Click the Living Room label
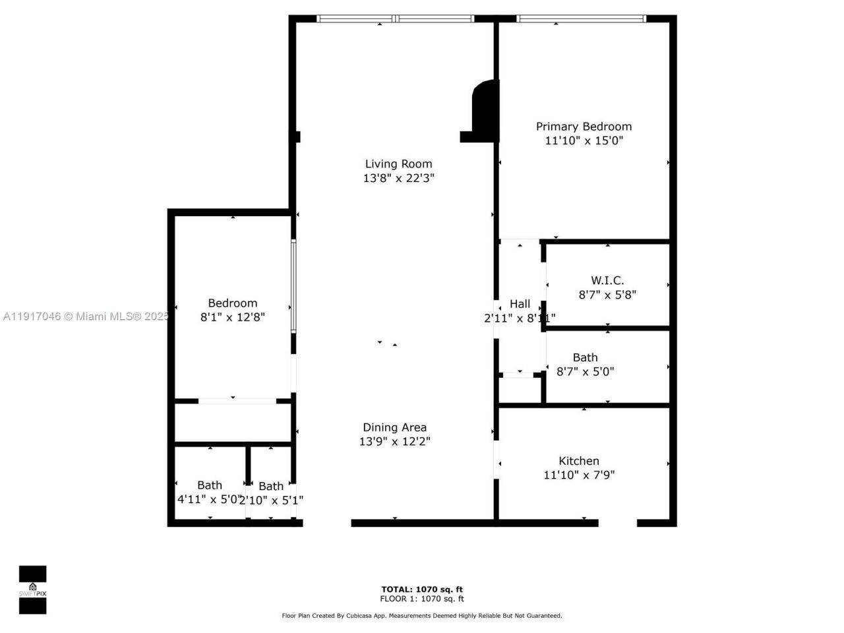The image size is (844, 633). tap(398, 164)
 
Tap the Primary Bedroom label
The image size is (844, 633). tap(584, 126)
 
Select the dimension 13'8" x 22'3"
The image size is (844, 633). tap(398, 178)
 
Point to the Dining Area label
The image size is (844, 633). tap(394, 427)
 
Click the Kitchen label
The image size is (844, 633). tap(579, 461)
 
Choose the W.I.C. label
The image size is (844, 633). tap(607, 280)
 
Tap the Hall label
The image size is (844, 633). tap(520, 304)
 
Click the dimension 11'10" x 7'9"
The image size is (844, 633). tap(579, 475)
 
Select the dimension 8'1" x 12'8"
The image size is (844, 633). tap(232, 317)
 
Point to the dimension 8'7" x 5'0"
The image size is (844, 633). tap(585, 371)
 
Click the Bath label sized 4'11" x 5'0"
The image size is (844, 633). tap(210, 485)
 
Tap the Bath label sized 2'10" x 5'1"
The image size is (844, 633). tap(271, 486)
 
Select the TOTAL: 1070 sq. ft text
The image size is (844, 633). tap(422, 589)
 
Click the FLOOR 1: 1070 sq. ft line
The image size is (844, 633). tap(422, 599)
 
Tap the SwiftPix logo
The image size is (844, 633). tap(32, 589)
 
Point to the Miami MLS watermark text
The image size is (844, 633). tap(86, 316)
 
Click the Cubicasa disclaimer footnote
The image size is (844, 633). tap(422, 616)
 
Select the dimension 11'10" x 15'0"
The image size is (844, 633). tap(584, 140)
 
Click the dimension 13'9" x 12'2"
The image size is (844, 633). tap(394, 442)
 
